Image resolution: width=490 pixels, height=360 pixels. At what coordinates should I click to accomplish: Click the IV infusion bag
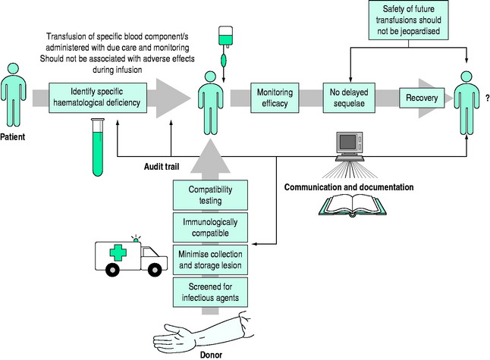(x=225, y=38)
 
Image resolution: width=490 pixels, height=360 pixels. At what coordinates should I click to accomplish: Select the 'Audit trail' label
(x=162, y=165)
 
